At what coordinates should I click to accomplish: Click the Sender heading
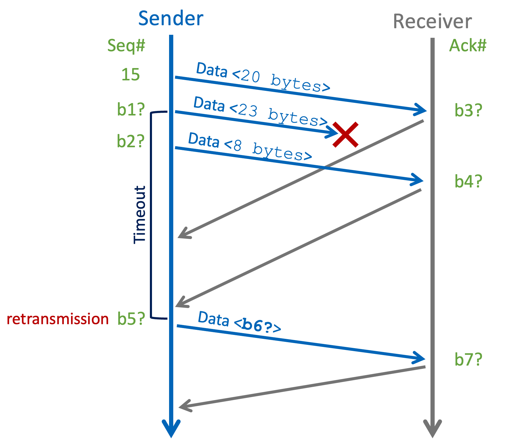pyautogui.click(x=171, y=19)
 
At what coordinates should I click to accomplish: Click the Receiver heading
pyautogui.click(x=432, y=22)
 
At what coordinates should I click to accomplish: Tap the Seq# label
pyautogui.click(x=126, y=46)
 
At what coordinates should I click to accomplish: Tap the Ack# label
pyautogui.click(x=468, y=46)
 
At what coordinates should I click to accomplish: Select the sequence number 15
pyautogui.click(x=130, y=75)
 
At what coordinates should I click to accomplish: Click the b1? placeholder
pyautogui.click(x=131, y=109)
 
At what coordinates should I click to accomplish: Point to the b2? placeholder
pyautogui.click(x=131, y=141)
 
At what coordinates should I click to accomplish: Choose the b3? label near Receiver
pyautogui.click(x=468, y=110)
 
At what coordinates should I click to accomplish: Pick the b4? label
pyautogui.click(x=468, y=181)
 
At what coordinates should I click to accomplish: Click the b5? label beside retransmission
pyautogui.click(x=131, y=319)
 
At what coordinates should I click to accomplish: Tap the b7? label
pyautogui.click(x=468, y=359)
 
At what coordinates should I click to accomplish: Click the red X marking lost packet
pyautogui.click(x=345, y=135)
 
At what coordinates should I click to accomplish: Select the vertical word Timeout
pyautogui.click(x=139, y=215)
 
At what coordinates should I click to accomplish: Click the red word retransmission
pyautogui.click(x=58, y=319)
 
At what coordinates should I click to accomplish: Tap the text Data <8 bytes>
pyautogui.click(x=250, y=147)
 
